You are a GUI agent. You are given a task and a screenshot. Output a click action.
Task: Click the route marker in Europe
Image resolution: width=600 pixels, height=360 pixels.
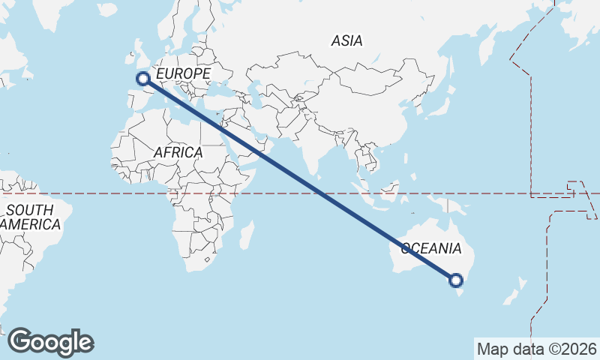[x=142, y=79]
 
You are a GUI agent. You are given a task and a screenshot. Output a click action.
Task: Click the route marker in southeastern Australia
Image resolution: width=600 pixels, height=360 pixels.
[x=455, y=280]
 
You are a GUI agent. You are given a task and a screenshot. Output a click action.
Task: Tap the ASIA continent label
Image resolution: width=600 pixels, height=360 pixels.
[x=346, y=41]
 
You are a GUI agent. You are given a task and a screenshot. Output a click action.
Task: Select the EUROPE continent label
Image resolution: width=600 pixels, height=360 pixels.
[x=184, y=73]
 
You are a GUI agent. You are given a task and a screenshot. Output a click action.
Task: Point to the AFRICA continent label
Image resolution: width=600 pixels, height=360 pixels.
[x=178, y=152]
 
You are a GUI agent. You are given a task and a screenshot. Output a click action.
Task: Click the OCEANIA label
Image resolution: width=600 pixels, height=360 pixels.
[x=431, y=248]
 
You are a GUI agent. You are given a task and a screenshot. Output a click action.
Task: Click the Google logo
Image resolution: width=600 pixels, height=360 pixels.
[x=51, y=342]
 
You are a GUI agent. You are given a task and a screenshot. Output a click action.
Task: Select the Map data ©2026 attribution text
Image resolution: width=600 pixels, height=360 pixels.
[x=537, y=349]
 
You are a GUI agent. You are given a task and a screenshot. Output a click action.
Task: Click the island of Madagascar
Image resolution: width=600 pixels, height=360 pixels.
[x=246, y=235]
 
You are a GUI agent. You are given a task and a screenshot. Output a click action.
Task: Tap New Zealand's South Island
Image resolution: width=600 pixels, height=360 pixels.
[x=512, y=295]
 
